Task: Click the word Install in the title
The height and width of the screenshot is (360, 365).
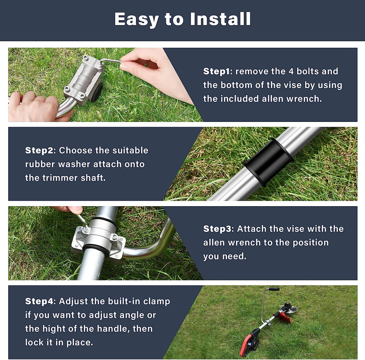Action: coord(220,19)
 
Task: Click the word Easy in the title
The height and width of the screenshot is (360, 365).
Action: coord(137,19)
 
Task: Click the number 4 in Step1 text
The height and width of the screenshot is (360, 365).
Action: coord(291,71)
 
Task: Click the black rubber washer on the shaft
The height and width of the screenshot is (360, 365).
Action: coord(267,163)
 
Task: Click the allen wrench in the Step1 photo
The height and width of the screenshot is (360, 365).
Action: coord(111,61)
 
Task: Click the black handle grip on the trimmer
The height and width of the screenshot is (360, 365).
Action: coord(274,289)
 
